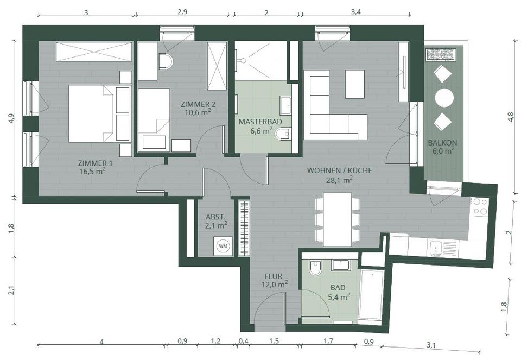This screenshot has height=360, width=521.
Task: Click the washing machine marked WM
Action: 223,247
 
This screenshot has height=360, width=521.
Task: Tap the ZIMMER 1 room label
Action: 95,163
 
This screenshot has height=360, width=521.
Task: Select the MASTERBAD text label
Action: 260,122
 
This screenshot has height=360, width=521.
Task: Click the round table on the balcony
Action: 444,98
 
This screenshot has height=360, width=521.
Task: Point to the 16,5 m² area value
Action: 92,172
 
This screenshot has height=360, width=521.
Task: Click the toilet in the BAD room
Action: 315,268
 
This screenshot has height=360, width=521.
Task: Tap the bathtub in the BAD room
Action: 372,294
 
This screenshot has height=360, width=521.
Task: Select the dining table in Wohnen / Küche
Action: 338,219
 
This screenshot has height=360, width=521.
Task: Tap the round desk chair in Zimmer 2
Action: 166,61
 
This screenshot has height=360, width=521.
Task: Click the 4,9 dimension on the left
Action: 12,118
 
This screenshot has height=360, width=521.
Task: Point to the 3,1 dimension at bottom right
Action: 431,345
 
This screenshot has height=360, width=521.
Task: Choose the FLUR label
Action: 274,276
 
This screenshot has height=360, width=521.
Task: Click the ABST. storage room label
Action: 215,217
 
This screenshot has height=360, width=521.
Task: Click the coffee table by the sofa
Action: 355,84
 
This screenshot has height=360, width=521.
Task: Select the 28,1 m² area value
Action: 339,180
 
